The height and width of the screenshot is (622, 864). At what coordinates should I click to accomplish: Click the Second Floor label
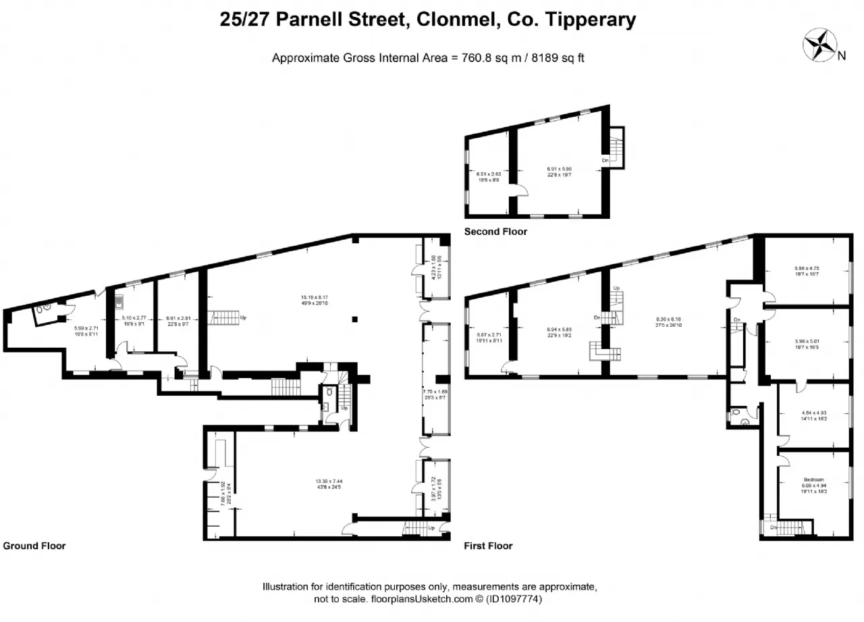pos(495,232)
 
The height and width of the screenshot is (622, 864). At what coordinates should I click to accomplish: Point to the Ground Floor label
pos(34,546)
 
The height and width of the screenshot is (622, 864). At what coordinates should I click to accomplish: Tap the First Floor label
pos(488,546)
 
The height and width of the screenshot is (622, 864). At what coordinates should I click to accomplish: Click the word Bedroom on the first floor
pos(813,480)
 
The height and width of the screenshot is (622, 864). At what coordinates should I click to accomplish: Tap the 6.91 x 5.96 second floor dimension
pos(559,168)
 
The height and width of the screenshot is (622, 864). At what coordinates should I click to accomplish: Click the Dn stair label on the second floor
pos(606,161)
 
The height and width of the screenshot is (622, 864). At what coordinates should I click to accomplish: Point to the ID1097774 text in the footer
pos(510,598)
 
